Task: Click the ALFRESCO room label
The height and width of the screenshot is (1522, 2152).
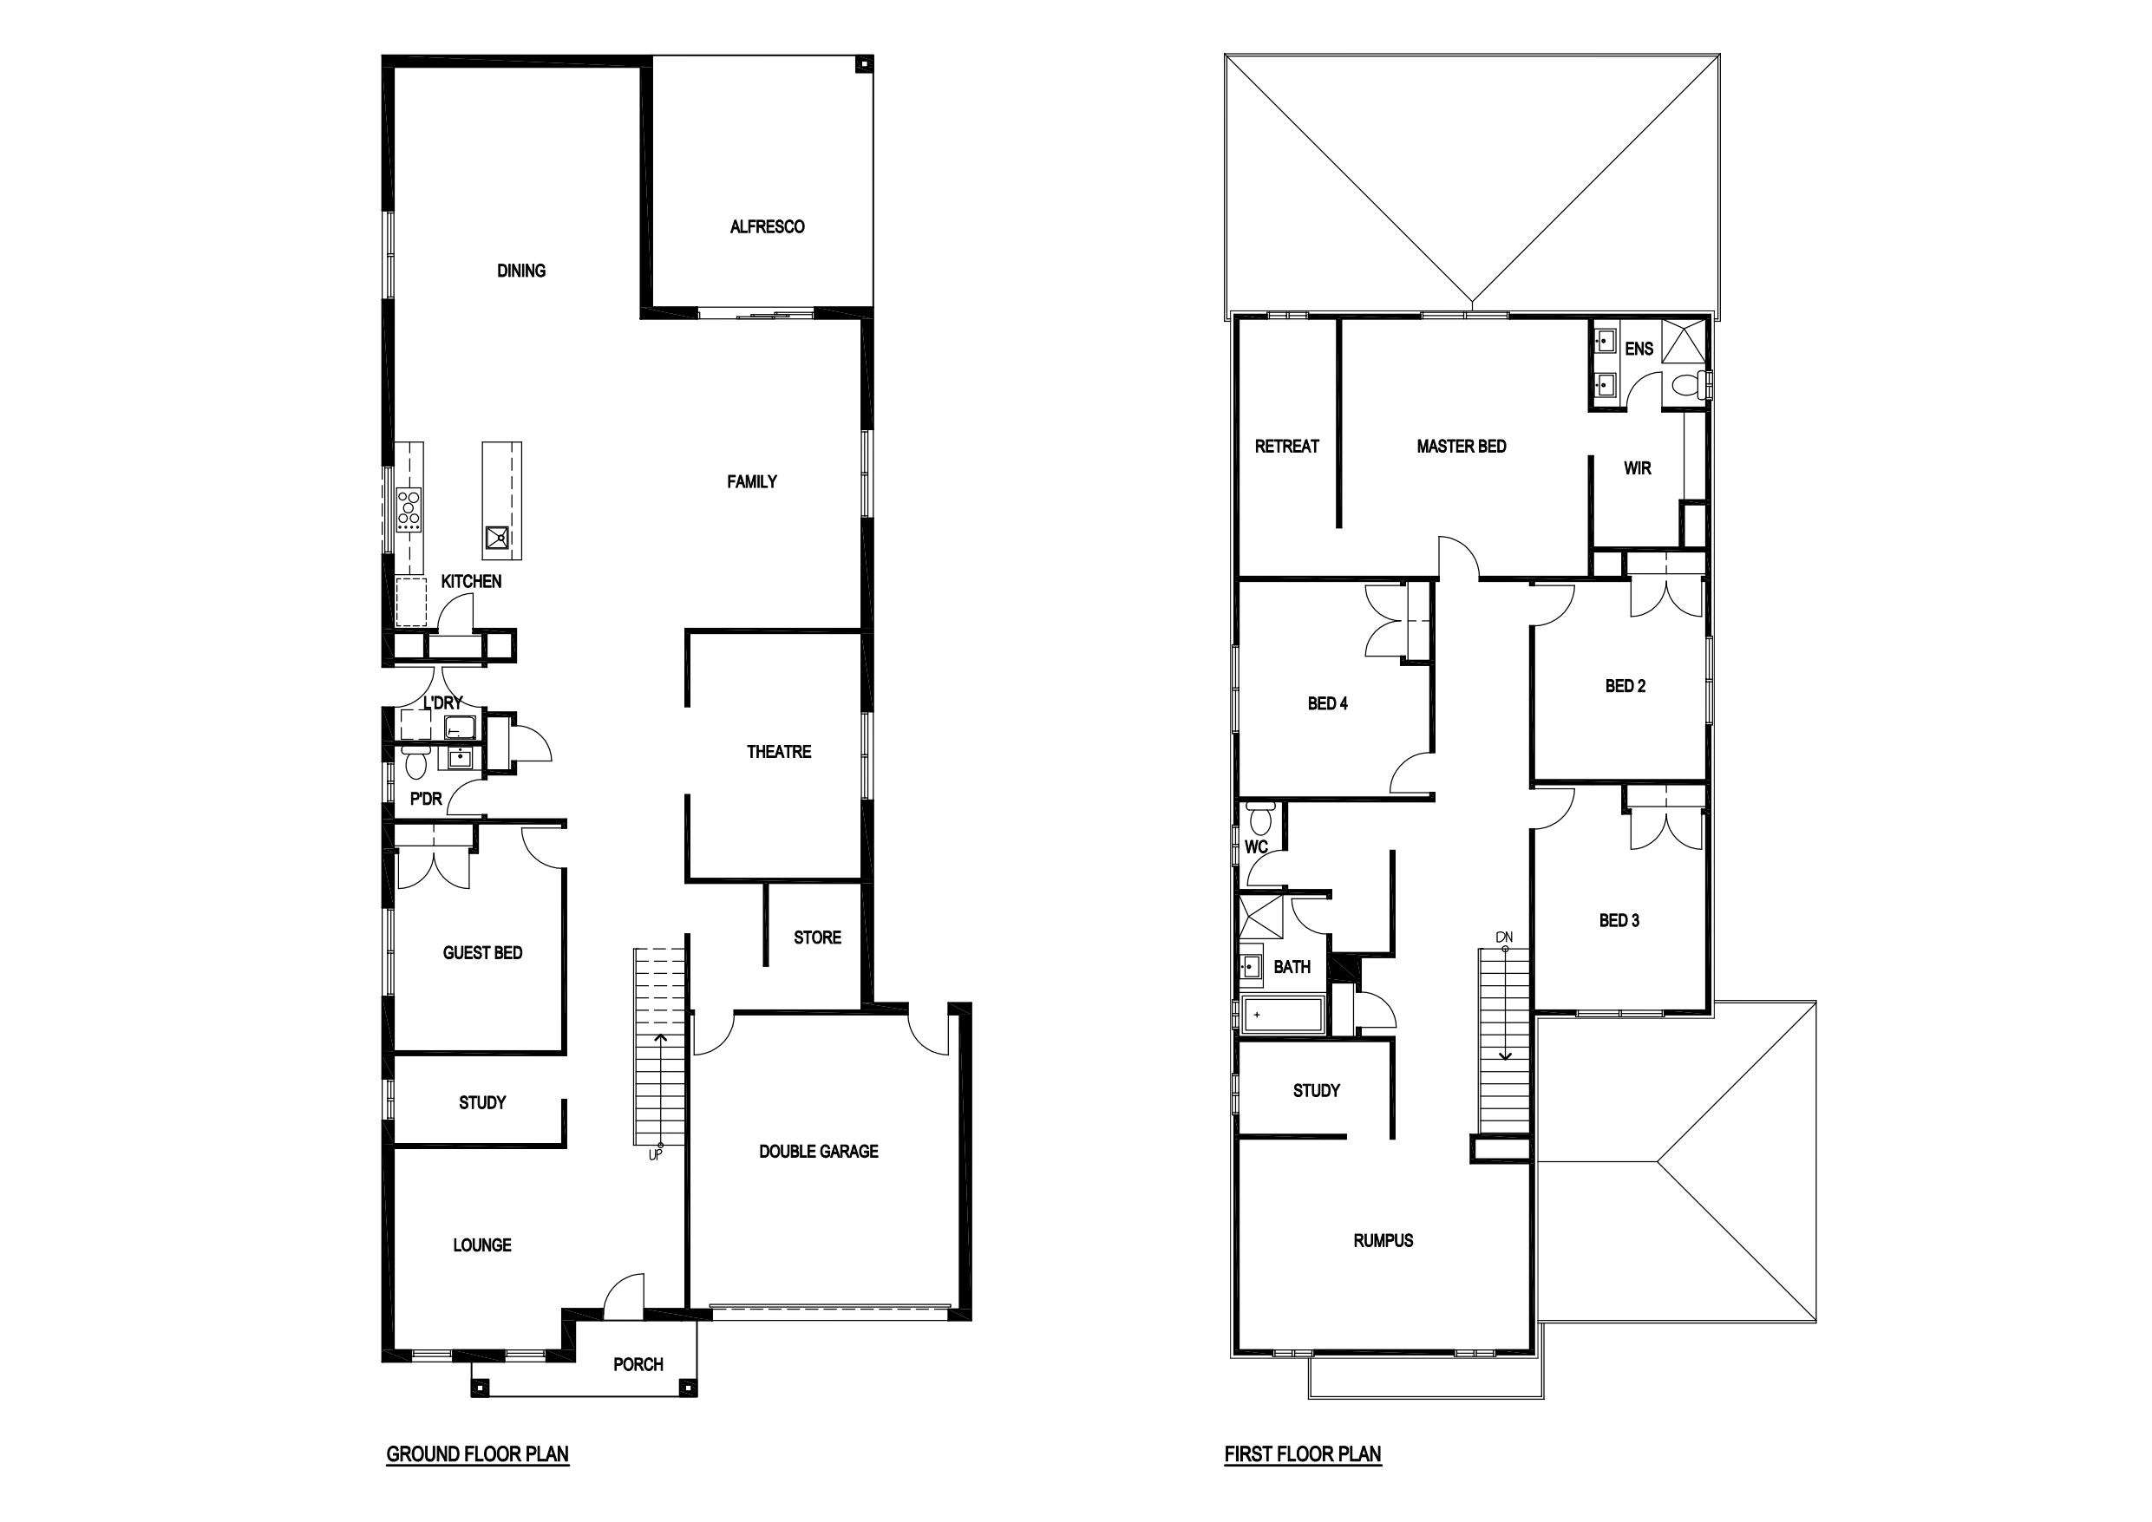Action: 767,227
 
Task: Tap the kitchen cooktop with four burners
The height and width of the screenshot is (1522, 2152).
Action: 409,509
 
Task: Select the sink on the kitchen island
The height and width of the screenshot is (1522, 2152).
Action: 498,538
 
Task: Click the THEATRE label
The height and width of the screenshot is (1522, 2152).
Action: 779,752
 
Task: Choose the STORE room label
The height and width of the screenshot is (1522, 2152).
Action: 817,937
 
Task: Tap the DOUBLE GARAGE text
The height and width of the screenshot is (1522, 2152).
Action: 818,1151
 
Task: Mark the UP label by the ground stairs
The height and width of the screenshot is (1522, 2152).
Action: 655,1154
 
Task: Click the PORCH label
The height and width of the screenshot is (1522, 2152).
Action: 638,1364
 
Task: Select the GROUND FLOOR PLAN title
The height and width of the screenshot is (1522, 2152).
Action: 477,1453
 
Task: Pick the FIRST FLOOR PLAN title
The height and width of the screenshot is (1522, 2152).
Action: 1303,1453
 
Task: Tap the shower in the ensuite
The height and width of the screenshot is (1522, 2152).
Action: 1684,340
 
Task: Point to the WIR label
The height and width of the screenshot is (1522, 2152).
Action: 1638,468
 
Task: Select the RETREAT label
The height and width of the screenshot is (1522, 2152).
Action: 1287,446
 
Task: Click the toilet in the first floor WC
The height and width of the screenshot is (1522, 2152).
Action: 1260,818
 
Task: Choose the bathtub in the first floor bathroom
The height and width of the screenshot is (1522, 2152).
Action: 1283,1015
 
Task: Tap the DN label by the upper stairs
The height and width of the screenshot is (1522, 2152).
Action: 1504,937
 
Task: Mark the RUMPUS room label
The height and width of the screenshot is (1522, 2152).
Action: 1383,1241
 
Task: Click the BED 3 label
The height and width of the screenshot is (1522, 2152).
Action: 1619,920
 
